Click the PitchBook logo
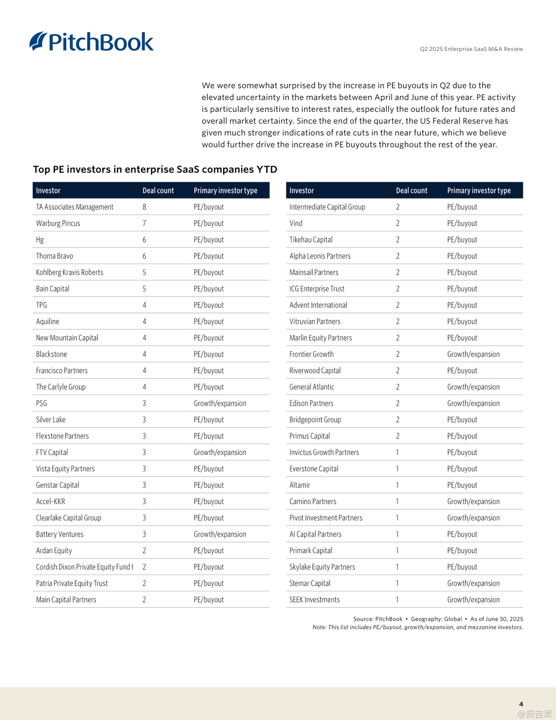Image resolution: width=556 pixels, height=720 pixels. [92, 42]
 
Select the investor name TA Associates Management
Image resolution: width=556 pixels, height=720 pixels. [74, 207]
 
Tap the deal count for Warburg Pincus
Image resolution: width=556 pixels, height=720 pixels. [144, 223]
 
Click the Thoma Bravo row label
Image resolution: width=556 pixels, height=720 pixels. [54, 256]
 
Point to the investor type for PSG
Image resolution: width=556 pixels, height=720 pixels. [220, 403]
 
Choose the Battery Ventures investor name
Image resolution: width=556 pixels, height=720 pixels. [59, 534]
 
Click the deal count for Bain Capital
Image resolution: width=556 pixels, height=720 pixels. [144, 288]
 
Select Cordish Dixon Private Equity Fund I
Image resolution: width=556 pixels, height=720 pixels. [84, 567]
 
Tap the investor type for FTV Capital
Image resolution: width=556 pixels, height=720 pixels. [220, 452]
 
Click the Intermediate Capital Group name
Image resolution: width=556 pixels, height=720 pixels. [327, 207]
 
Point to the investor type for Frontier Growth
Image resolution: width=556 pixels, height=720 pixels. [473, 354]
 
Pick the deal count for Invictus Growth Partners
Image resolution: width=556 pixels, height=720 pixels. [397, 452]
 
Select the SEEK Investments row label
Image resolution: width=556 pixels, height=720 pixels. [314, 600]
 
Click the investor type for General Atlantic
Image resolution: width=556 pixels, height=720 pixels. [473, 387]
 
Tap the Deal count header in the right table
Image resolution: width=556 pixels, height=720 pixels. [411, 191]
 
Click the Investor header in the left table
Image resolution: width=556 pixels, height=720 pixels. [48, 191]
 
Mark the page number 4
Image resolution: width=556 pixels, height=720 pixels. [521, 704]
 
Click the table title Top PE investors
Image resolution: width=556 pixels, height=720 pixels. [155, 169]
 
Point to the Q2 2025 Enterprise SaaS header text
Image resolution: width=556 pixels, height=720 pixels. [471, 49]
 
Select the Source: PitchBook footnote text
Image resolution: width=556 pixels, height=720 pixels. [378, 619]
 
